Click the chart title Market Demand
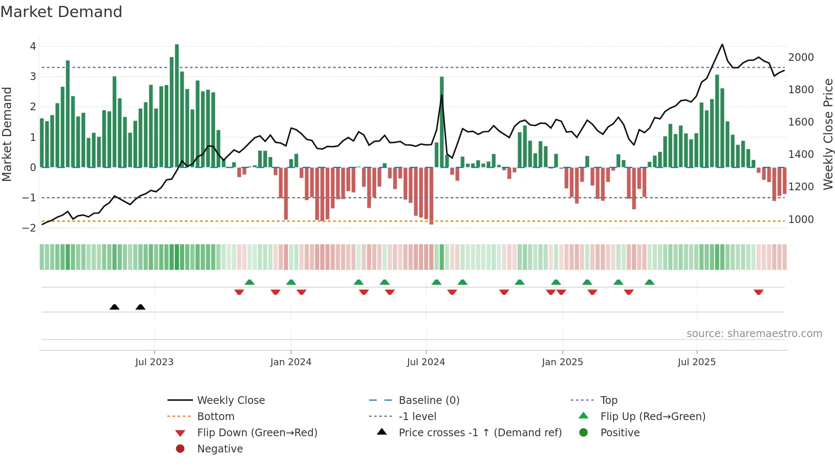tap(61, 12)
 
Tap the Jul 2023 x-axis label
tap(154, 362)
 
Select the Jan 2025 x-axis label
tap(562, 362)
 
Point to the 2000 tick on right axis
tap(801, 57)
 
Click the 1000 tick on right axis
tap(801, 220)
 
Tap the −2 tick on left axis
tap(29, 228)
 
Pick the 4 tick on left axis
tap(33, 46)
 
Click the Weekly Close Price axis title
tap(828, 134)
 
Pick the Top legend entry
tap(608, 400)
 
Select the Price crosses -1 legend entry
tap(480, 433)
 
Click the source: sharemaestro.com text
tap(754, 334)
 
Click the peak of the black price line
tap(722, 45)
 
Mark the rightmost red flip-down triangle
tap(758, 292)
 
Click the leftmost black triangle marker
tap(114, 307)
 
